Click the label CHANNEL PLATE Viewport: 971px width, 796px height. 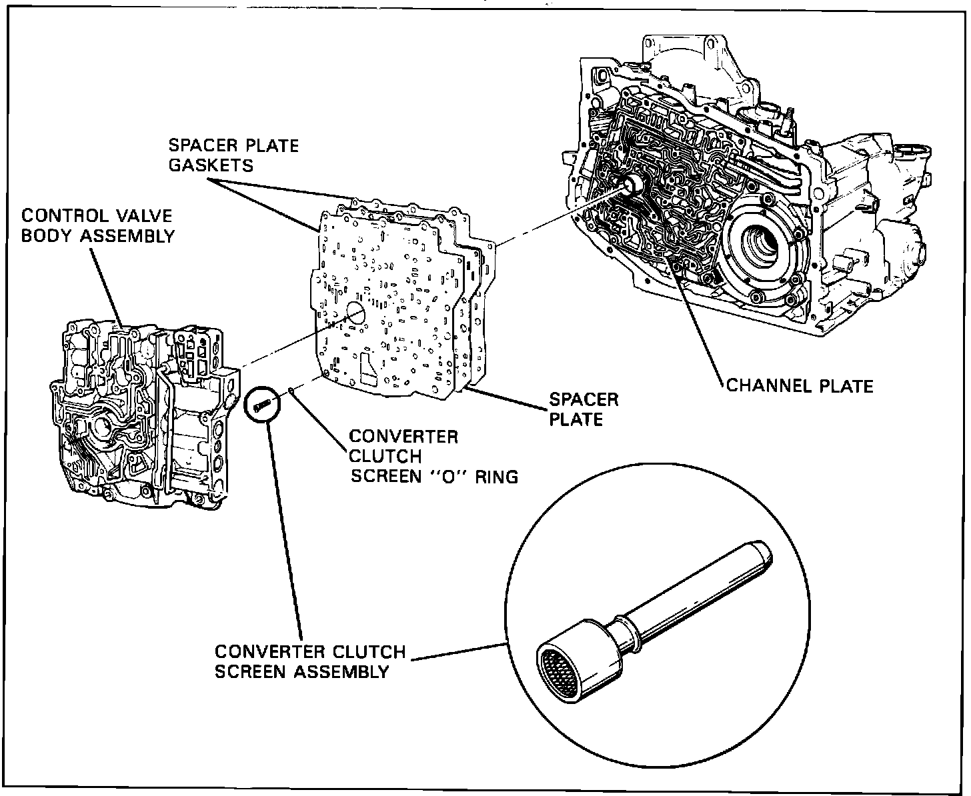coord(800,385)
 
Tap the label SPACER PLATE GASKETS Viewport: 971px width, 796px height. coord(233,155)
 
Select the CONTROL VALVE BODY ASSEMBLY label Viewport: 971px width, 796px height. coord(97,225)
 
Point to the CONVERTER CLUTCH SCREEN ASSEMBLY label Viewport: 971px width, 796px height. coord(309,661)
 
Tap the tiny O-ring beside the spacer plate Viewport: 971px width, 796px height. coord(291,391)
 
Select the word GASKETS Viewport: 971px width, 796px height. coord(211,165)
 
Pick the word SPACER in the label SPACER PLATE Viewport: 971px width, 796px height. coord(584,399)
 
